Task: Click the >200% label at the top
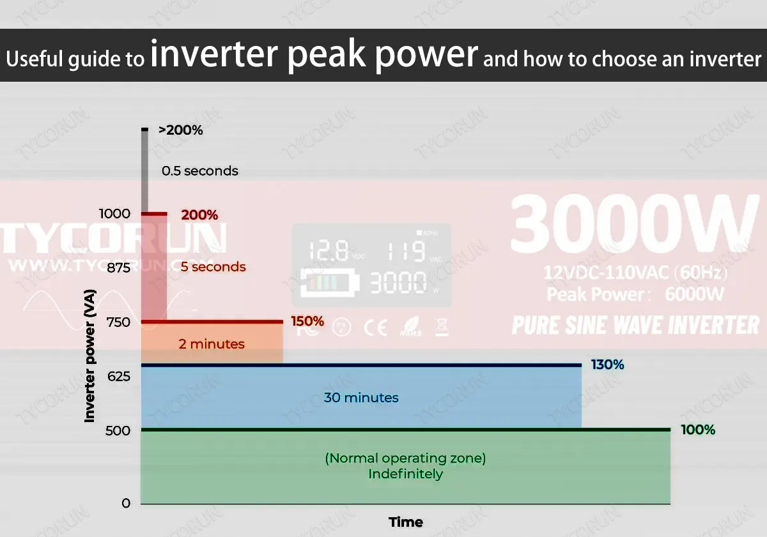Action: pyautogui.click(x=180, y=130)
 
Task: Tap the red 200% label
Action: pyautogui.click(x=199, y=215)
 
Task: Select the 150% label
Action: pyautogui.click(x=307, y=321)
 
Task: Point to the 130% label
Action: pyautogui.click(x=607, y=365)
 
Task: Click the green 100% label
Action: pyautogui.click(x=698, y=430)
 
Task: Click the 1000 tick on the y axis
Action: pyautogui.click(x=114, y=214)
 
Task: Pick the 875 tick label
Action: pyautogui.click(x=118, y=268)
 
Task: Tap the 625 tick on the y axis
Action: pyautogui.click(x=118, y=376)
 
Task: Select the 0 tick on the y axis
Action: pyautogui.click(x=125, y=503)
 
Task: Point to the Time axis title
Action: pyautogui.click(x=406, y=522)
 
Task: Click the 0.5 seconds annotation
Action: pyautogui.click(x=199, y=171)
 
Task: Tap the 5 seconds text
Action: pyautogui.click(x=213, y=267)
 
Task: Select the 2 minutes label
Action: pyautogui.click(x=211, y=344)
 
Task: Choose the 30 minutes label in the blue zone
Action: pyautogui.click(x=361, y=398)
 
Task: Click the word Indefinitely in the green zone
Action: pyautogui.click(x=405, y=474)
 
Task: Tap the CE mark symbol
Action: pyautogui.click(x=375, y=328)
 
